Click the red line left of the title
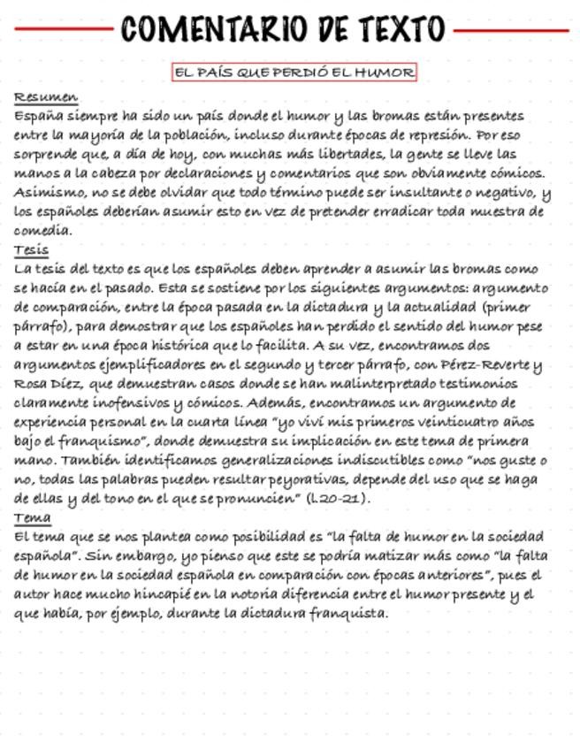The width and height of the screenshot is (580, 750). coord(63,29)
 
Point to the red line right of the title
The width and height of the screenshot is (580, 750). coord(510,30)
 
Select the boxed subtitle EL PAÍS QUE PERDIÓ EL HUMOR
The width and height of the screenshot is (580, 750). coord(294,73)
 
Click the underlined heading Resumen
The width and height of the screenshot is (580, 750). coord(46,97)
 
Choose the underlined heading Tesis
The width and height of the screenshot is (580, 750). coord(32,250)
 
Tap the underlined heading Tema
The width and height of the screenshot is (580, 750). coord(33,518)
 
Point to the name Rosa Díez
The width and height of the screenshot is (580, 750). coord(46,384)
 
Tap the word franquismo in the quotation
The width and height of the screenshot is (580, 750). coord(93,441)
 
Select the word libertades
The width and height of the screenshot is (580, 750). coord(343,155)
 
